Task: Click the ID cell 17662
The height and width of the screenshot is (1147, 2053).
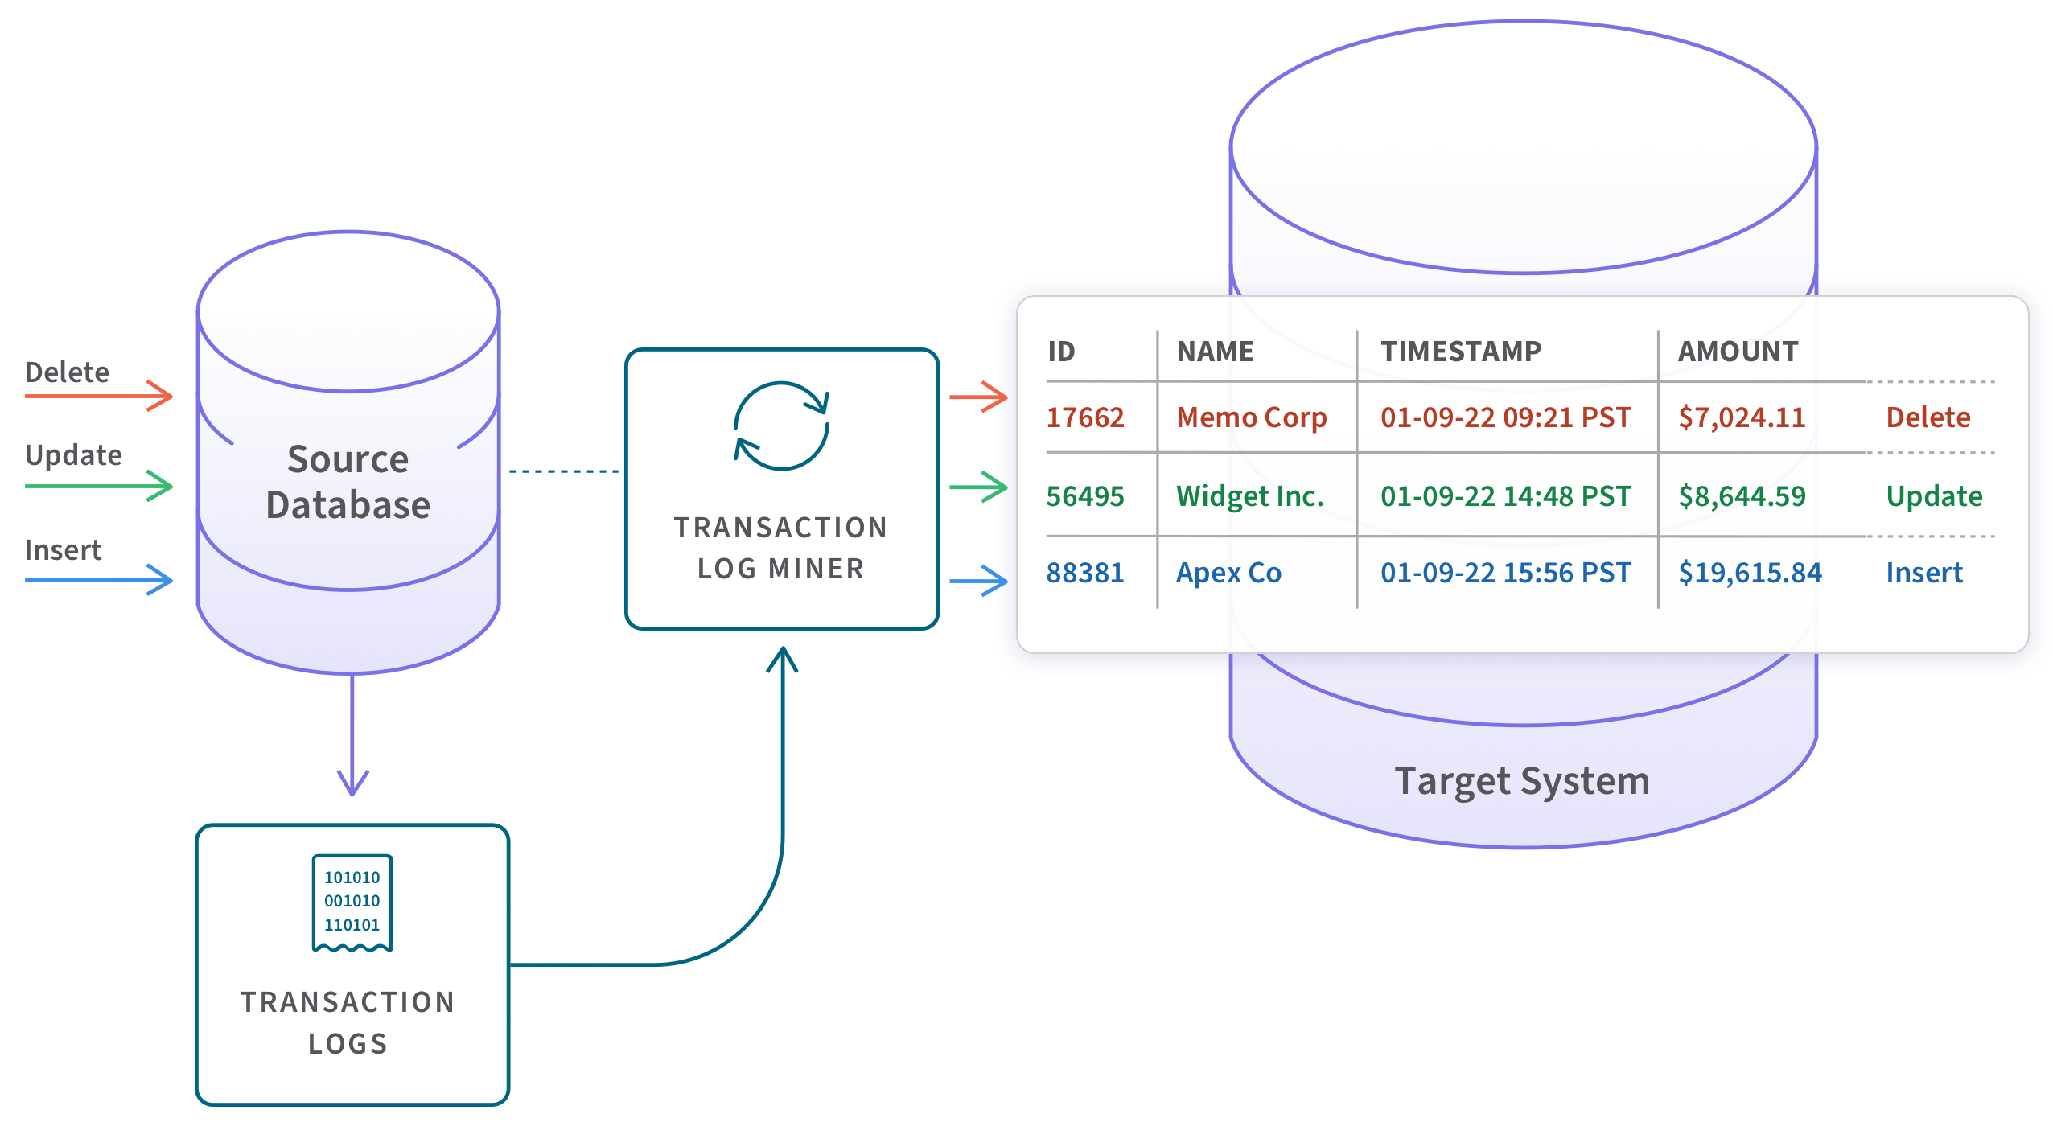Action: [x=1084, y=417]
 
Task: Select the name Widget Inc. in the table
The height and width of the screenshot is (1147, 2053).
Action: [x=1249, y=496]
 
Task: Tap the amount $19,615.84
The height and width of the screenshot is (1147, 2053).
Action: [x=1750, y=573]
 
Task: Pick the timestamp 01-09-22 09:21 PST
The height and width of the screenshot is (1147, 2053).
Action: [x=1505, y=417]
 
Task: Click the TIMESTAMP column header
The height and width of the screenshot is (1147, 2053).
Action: [x=1460, y=351]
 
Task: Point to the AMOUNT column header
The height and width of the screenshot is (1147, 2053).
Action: [x=1738, y=351]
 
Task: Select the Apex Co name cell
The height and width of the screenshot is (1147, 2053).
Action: [x=1228, y=573]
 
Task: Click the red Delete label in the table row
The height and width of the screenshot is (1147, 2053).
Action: [x=1928, y=417]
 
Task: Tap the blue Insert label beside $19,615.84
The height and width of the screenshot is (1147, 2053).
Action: [x=1924, y=573]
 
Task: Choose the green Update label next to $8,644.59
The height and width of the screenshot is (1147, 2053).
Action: [x=1934, y=496]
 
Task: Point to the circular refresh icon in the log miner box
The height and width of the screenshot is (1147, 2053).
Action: [x=781, y=425]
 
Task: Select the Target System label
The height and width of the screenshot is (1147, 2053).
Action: [x=1521, y=781]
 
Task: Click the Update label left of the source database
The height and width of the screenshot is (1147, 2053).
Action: [x=73, y=455]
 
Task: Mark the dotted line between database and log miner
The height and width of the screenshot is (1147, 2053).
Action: [x=563, y=471]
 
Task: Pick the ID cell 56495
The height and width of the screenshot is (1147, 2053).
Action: [x=1084, y=496]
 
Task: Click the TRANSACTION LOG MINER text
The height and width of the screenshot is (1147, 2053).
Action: [x=781, y=548]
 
